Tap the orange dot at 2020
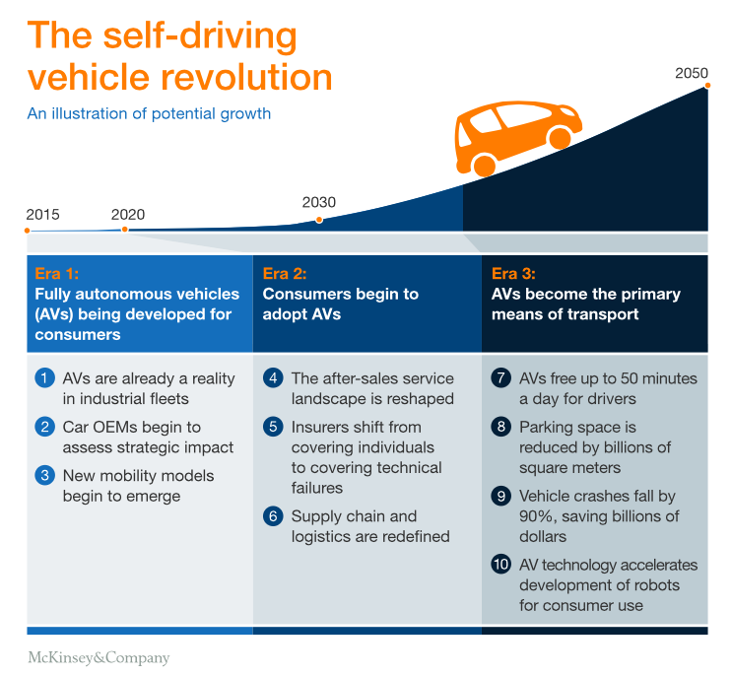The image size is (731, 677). point(124,230)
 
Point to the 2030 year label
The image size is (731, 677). point(318,202)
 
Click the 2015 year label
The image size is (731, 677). point(43,214)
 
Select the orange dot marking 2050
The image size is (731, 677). point(707,87)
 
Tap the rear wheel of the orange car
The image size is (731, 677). point(484,165)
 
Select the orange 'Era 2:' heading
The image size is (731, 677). point(285,274)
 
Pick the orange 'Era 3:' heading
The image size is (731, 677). point(513,274)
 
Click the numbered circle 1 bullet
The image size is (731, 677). point(44,378)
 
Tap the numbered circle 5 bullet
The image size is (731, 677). point(273,428)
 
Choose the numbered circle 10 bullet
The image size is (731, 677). point(501,566)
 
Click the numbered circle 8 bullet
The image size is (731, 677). point(501,428)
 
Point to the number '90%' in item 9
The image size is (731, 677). point(540,517)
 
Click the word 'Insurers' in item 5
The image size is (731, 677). point(321,428)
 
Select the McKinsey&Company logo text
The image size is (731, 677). point(98,658)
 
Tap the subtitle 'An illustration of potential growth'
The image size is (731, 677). point(149,113)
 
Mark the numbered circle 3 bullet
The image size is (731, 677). point(44,476)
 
